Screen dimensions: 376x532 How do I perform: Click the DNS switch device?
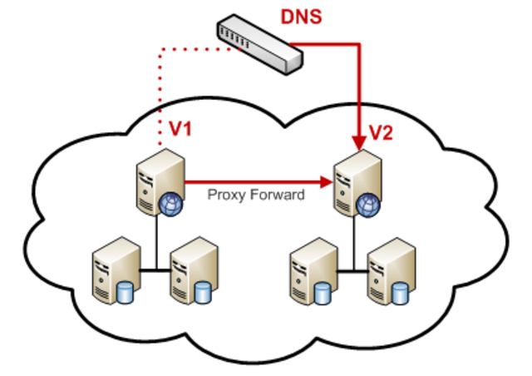(259, 45)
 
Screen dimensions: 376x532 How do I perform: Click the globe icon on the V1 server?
(170, 202)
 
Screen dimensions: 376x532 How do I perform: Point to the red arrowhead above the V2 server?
(359, 138)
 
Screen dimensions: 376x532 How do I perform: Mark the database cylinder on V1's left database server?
(127, 290)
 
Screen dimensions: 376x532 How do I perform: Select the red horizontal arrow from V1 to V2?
(249, 180)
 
